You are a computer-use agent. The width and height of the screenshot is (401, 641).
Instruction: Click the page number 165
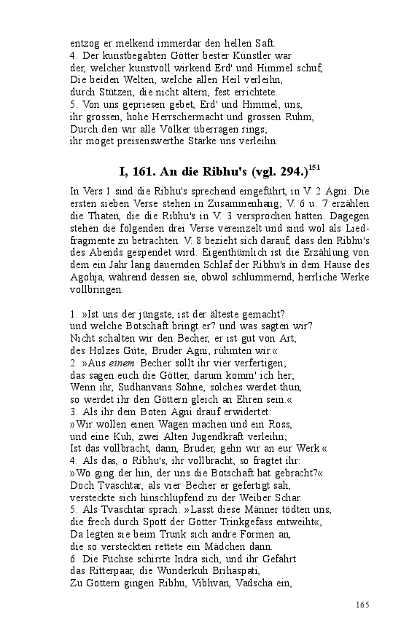(x=362, y=605)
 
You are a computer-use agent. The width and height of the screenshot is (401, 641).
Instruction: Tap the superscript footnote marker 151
(x=314, y=167)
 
